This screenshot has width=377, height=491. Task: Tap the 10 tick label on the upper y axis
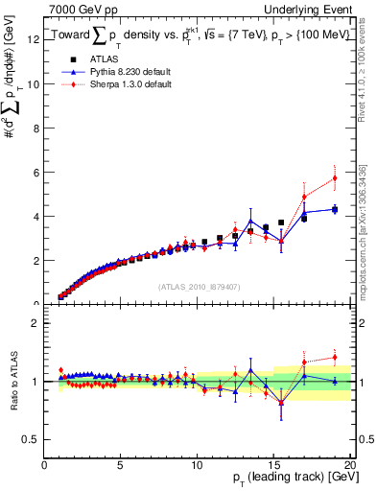(x=34, y=83)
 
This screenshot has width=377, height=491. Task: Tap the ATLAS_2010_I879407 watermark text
(x=199, y=286)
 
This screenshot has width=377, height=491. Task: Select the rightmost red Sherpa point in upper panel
(x=335, y=177)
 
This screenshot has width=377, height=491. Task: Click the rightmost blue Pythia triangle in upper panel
(x=335, y=208)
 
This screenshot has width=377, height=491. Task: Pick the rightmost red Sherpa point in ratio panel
(x=335, y=358)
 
